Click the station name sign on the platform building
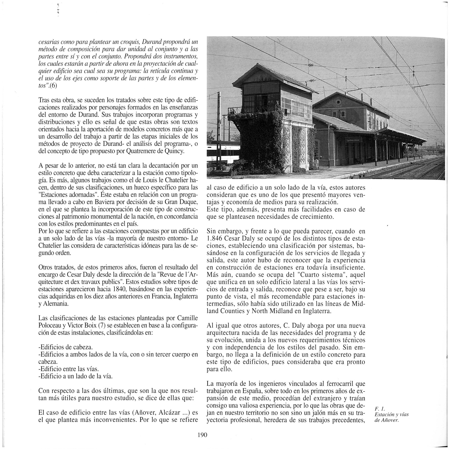[x=352, y=140]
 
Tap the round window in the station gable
[x=338, y=102]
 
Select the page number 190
[x=202, y=435]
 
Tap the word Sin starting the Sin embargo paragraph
[x=212, y=232]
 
